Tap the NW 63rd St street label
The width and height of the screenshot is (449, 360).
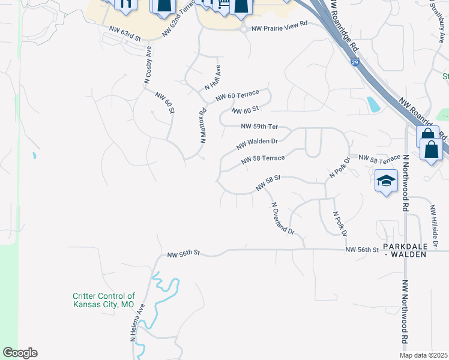point(124,33)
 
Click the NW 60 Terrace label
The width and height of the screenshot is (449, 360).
point(237,95)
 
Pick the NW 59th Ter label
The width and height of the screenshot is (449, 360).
point(259,127)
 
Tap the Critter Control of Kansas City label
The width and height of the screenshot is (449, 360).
point(103,300)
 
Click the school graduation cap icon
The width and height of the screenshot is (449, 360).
point(386,180)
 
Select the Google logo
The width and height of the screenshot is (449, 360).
point(20,353)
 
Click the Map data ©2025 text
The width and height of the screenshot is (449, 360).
point(423,355)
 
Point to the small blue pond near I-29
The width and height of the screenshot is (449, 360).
point(373,104)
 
